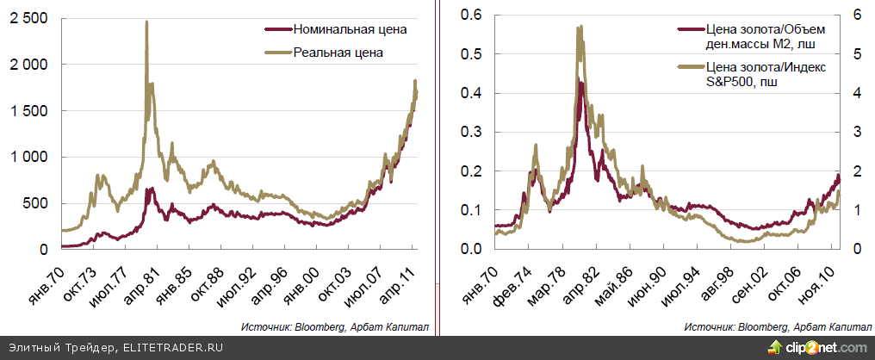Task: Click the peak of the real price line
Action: coord(146,22)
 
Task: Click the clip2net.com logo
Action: coord(818,348)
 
